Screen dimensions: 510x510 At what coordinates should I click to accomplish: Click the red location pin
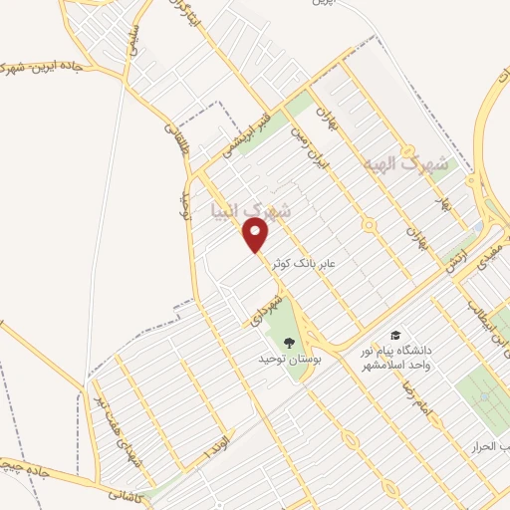point(257,235)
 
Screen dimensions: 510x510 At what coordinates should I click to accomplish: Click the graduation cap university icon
point(395,336)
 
